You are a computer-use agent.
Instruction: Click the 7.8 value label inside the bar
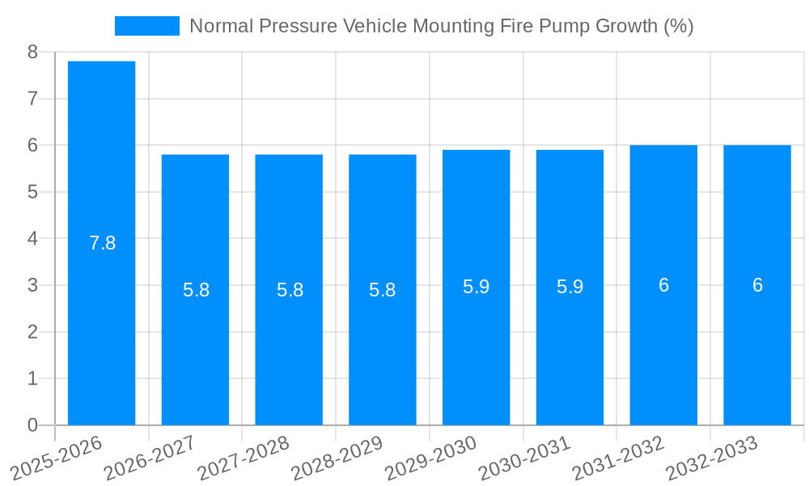(102, 243)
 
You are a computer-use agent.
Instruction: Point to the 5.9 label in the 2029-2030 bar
(476, 287)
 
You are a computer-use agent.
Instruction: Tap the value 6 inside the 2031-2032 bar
(663, 285)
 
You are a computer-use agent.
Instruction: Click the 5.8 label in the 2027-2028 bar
(290, 290)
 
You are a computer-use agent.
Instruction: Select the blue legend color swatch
(146, 26)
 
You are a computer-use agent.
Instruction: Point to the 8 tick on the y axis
(32, 52)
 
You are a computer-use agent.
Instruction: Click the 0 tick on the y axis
(32, 425)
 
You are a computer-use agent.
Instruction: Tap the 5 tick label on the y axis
(32, 192)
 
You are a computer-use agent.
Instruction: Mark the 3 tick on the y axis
(32, 285)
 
